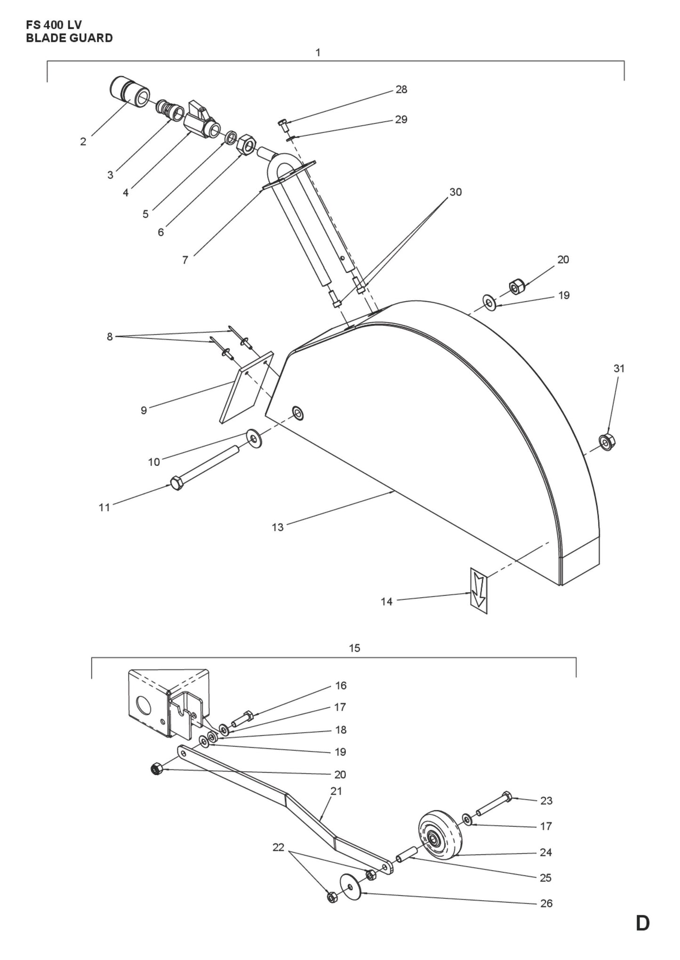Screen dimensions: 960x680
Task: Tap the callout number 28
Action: pos(401,89)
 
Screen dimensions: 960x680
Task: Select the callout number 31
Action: pos(619,368)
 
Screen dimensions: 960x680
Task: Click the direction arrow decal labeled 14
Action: pos(479,590)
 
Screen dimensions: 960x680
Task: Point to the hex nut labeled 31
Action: pos(607,442)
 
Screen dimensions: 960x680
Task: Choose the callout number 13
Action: pos(278,527)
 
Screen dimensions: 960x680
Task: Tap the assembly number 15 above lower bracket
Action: pos(354,648)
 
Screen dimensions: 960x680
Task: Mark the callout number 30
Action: pos(455,192)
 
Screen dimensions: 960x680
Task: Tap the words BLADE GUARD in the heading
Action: pos(69,38)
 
